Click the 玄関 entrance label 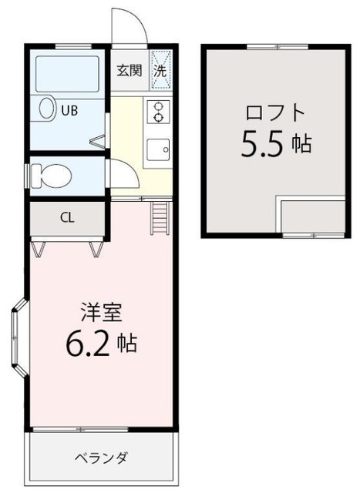128,72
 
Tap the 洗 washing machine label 160,71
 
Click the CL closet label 67,216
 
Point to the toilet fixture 50,175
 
